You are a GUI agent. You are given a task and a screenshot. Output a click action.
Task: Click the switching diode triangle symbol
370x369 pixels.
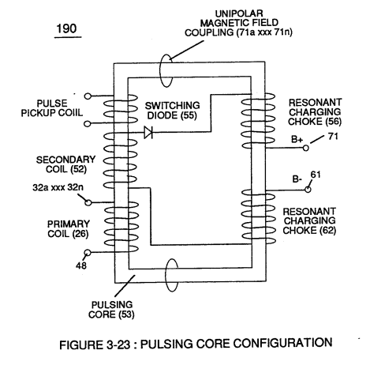pos(148,132)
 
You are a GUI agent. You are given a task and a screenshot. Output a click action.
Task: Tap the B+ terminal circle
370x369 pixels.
pos(305,148)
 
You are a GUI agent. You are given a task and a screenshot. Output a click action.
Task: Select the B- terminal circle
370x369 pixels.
pos(308,190)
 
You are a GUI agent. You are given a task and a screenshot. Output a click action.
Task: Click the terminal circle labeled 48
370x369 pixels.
pos(88,253)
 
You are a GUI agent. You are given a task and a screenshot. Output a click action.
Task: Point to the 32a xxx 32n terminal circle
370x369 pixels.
pos(88,202)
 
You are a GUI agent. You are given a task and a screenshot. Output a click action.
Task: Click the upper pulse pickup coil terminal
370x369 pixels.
pos(88,96)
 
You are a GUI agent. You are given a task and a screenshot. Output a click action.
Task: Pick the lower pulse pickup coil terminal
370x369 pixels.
pos(88,123)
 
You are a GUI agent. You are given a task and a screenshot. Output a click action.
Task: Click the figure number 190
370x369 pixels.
pos(66,28)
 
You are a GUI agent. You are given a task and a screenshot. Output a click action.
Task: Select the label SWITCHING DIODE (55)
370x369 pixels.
pos(172,111)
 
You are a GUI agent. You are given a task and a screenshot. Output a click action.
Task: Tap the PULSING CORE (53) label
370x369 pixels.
pos(111,310)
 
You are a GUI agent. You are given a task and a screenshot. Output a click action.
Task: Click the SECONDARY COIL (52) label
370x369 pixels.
pos(65,164)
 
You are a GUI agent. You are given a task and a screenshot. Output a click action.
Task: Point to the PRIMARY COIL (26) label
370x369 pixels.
pos(69,229)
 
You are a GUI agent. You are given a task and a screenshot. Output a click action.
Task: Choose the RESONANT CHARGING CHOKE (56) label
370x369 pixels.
pos(315,112)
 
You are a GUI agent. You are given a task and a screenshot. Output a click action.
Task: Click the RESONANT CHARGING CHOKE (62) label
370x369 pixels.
pos(309,221)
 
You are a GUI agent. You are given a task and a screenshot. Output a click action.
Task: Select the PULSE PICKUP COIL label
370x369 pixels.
pos(52,108)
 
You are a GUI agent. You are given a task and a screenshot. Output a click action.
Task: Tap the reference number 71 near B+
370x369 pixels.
pos(333,136)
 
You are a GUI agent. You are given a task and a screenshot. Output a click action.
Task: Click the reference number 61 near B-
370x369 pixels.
pos(316,175)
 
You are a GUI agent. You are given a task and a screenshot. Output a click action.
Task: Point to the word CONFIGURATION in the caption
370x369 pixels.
pos(282,343)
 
